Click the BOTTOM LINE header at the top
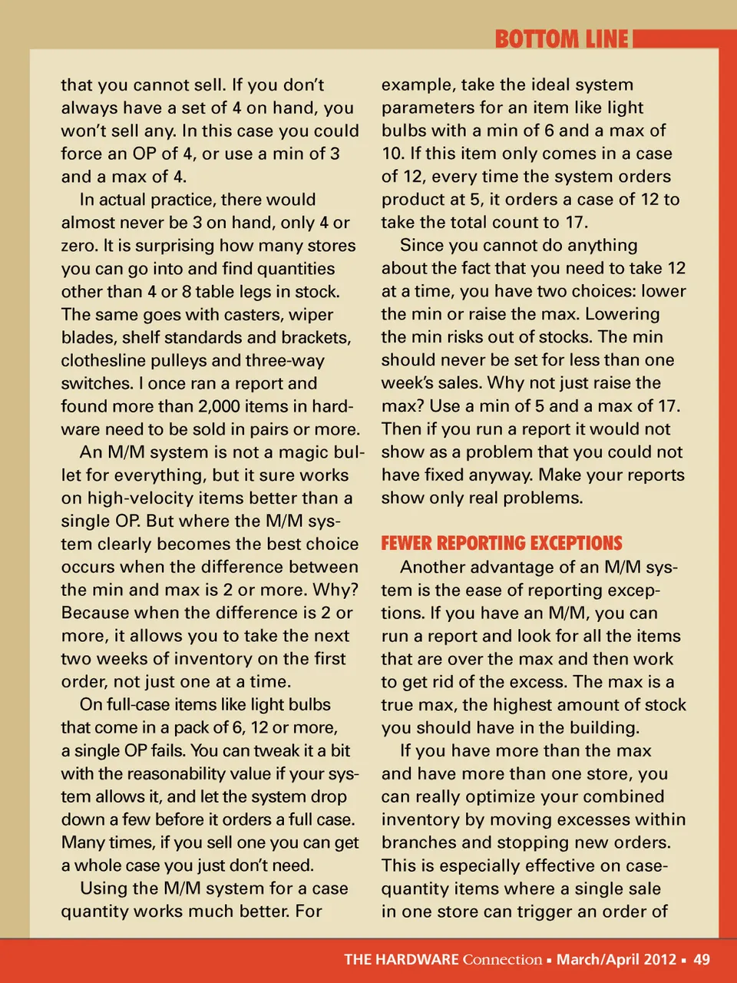click(x=561, y=39)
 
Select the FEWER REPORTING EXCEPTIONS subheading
click(x=501, y=544)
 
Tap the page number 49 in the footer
click(x=702, y=959)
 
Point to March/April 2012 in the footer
click(x=616, y=959)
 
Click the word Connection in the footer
click(x=502, y=959)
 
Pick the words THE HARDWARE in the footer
click(x=402, y=959)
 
